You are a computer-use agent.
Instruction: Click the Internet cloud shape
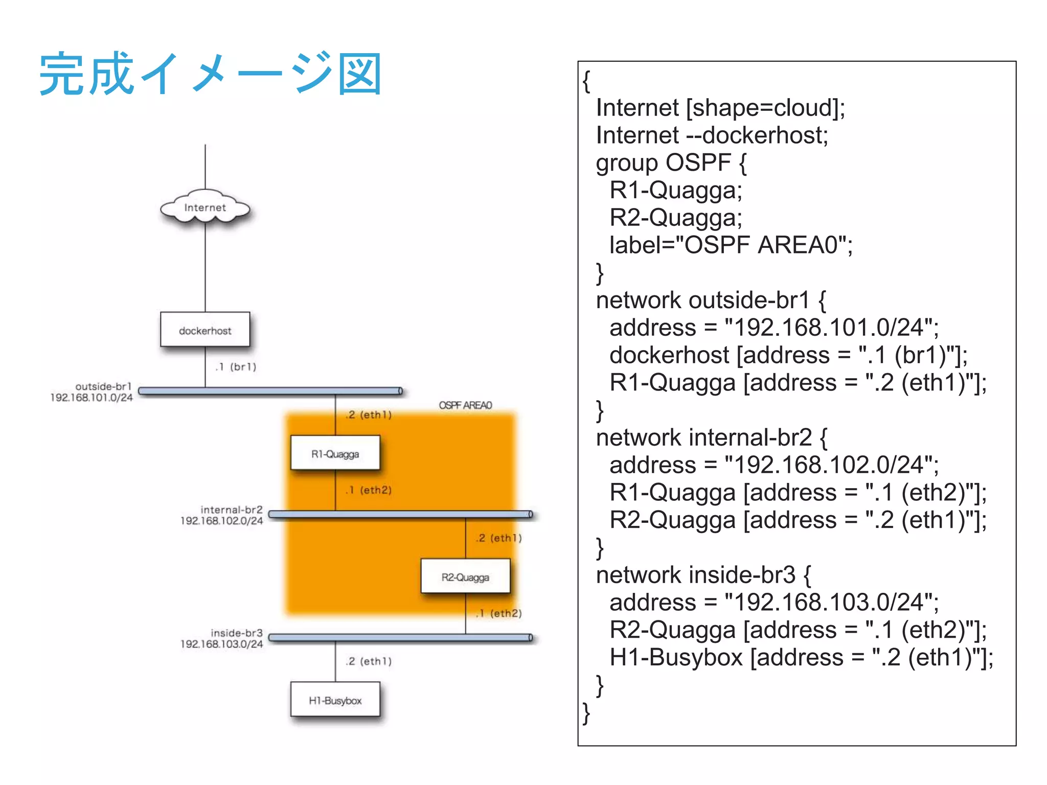[205, 207]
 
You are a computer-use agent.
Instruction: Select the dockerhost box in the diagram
[205, 330]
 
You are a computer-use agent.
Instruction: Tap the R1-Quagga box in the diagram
[335, 453]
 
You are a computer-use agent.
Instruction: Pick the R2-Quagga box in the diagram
[465, 576]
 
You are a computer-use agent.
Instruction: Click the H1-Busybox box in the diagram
[335, 700]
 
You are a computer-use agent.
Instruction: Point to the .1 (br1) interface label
[236, 366]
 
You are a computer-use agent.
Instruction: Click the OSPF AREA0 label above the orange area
[465, 405]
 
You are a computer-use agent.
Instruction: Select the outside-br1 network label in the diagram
[103, 386]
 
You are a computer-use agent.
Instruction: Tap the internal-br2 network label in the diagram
[231, 510]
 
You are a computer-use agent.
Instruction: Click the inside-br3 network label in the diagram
[236, 633]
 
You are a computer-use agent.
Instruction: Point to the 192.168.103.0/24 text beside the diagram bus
[221, 644]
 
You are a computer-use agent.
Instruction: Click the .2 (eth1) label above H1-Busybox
[369, 661]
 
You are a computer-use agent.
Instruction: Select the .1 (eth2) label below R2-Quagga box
[498, 613]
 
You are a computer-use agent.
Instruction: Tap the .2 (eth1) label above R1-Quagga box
[369, 414]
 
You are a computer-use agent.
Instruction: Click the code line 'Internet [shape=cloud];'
[720, 108]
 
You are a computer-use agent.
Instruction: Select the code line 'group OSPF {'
[671, 163]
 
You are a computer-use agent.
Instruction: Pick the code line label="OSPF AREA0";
[731, 245]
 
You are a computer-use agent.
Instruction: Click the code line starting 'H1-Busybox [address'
[801, 657]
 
